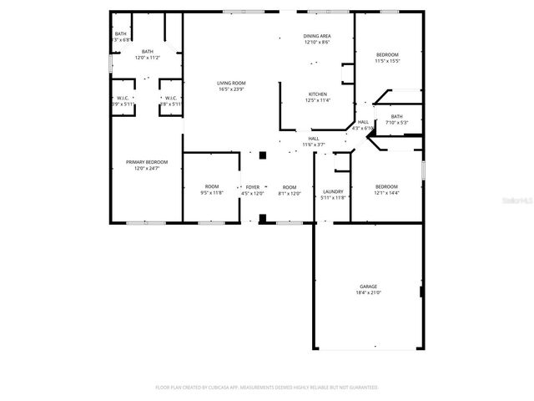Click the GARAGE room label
pyautogui.click(x=368, y=287)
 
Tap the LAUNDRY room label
pyautogui.click(x=334, y=191)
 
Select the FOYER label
pyautogui.click(x=252, y=187)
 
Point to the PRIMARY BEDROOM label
pyautogui.click(x=147, y=162)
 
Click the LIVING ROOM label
pyautogui.click(x=231, y=83)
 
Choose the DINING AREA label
pyautogui.click(x=317, y=37)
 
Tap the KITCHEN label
pyautogui.click(x=318, y=94)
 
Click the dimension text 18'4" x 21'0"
pyautogui.click(x=368, y=292)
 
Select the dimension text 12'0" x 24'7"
pyautogui.click(x=147, y=168)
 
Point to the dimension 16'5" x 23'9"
pyautogui.click(x=231, y=89)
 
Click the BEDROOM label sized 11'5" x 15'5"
pyautogui.click(x=387, y=55)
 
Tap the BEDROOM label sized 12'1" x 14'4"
pyautogui.click(x=386, y=187)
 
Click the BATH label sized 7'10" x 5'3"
pyautogui.click(x=396, y=117)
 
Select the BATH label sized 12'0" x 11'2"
pyautogui.click(x=148, y=52)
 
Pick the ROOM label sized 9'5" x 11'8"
pyautogui.click(x=212, y=187)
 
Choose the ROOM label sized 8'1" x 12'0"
pyautogui.click(x=289, y=187)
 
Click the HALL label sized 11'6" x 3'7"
pyautogui.click(x=314, y=139)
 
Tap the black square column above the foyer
pyautogui.click(x=262, y=155)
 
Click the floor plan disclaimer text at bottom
pyautogui.click(x=267, y=388)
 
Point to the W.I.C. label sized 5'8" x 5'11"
pyautogui.click(x=170, y=99)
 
